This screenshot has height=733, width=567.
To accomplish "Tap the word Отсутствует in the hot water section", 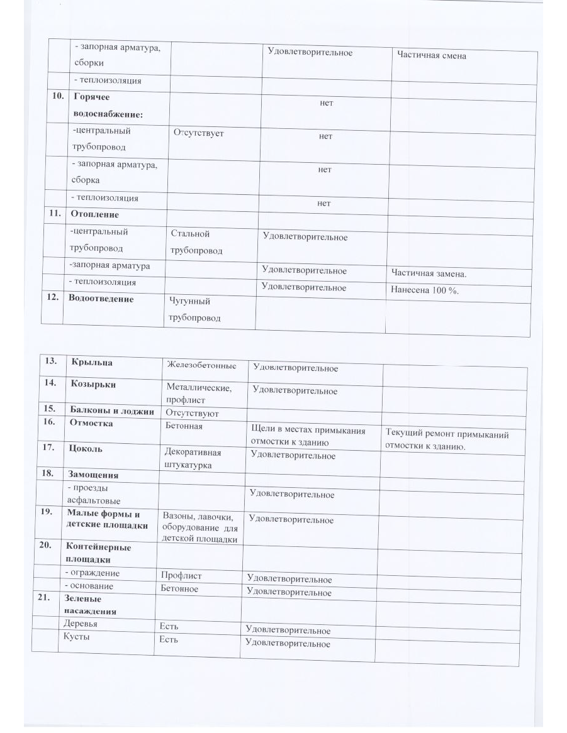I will [x=198, y=133].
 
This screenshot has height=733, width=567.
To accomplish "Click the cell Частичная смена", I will [x=432, y=56].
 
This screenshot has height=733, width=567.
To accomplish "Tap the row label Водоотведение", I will [x=103, y=299].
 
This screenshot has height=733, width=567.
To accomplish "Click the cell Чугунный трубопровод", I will [x=194, y=309].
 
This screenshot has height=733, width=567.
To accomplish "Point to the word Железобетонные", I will [x=201, y=365].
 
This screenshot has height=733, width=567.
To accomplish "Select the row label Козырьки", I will [x=94, y=383].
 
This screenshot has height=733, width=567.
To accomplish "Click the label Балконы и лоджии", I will [x=112, y=412].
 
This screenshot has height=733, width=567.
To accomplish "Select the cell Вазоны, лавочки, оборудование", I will [x=199, y=527].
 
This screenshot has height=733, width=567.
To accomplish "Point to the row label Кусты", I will [x=76, y=637].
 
